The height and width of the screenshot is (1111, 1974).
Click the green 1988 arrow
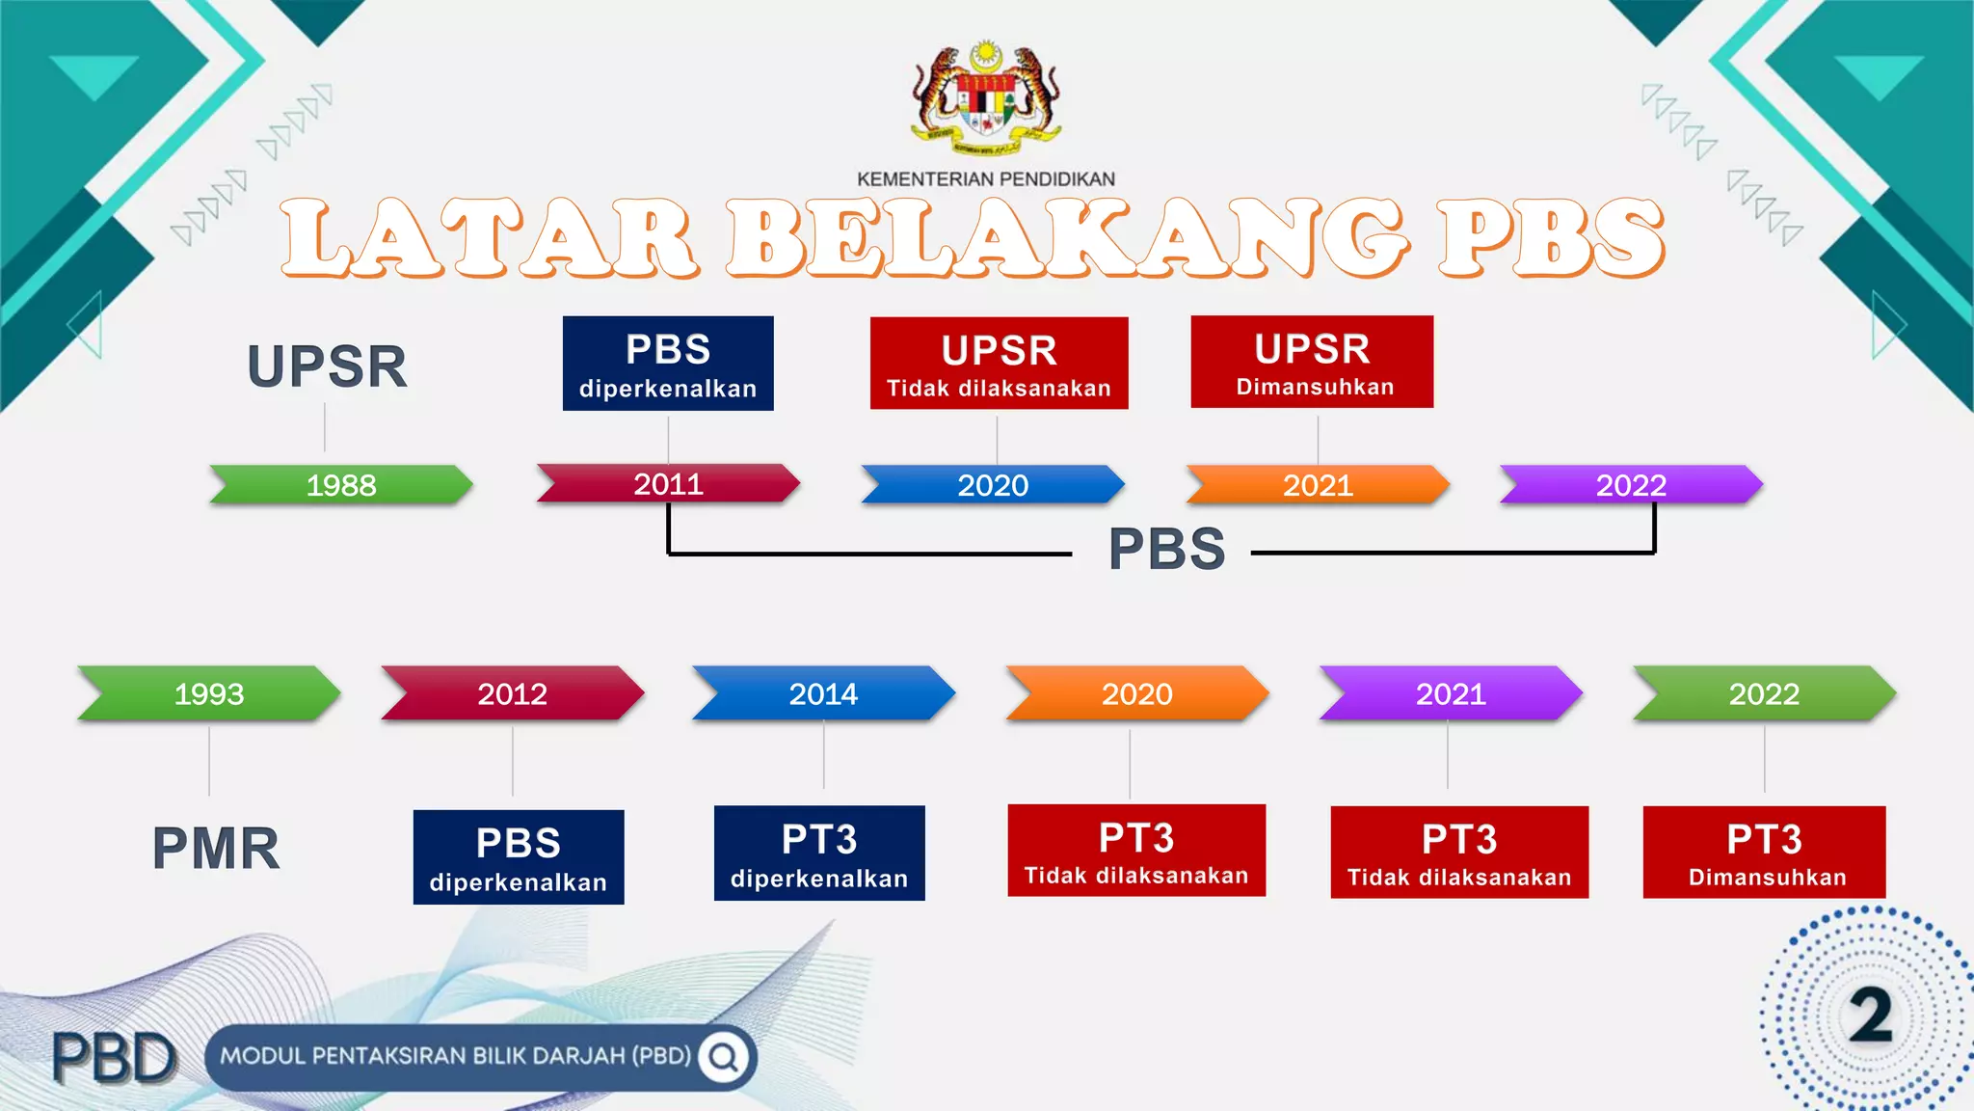click(x=341, y=484)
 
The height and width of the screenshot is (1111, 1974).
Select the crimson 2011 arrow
click(x=668, y=483)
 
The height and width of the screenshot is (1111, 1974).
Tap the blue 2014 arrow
click(x=823, y=693)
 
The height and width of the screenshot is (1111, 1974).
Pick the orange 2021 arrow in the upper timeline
click(x=1318, y=484)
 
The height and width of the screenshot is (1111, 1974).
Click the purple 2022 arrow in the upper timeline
click(x=1631, y=484)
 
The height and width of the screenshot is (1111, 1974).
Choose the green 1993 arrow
click(x=209, y=693)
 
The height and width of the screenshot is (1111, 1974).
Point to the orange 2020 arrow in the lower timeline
click(x=1136, y=693)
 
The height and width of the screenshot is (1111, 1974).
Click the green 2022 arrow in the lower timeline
click(x=1764, y=693)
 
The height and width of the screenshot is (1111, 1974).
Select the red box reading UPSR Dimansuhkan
click(x=1312, y=362)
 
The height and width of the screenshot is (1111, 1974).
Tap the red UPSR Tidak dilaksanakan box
click(x=999, y=363)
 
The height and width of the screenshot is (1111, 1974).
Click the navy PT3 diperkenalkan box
click(x=819, y=853)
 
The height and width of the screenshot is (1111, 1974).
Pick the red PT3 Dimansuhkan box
click(x=1764, y=852)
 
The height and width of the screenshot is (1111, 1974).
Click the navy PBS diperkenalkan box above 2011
click(x=668, y=364)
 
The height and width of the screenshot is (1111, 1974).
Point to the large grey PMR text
click(x=216, y=849)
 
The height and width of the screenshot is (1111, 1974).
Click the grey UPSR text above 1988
click(x=327, y=366)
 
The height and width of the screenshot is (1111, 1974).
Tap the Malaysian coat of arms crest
click(x=985, y=99)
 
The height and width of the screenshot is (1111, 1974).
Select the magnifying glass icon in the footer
click(x=724, y=1057)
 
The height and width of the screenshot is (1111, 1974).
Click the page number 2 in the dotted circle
click(x=1870, y=1016)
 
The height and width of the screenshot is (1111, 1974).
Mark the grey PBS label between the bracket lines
click(x=1166, y=549)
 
